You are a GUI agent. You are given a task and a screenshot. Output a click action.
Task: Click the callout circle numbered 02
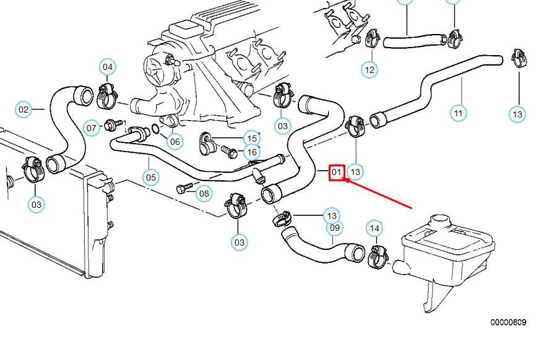[x=24, y=110]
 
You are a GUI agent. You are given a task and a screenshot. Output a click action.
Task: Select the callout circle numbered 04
[x=108, y=67]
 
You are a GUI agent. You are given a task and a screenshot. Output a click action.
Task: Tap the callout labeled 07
[x=92, y=128]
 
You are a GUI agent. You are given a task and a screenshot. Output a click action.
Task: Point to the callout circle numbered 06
[x=175, y=142]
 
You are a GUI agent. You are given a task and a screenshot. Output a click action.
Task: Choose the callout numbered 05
[x=152, y=178]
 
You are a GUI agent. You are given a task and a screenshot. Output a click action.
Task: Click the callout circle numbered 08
[x=204, y=194]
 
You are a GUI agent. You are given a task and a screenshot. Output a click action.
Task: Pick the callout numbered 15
[x=251, y=138]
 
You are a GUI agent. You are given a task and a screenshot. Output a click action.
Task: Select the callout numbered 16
[x=251, y=152]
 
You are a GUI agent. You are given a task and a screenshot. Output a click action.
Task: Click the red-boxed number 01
[x=336, y=172]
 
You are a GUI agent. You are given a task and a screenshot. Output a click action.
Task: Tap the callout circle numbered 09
[x=334, y=228]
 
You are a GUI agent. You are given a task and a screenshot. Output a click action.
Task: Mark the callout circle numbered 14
[x=374, y=229]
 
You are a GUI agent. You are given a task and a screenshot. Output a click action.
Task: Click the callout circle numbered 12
[x=370, y=69]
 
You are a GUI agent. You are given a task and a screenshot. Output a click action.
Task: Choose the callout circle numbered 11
[x=458, y=113]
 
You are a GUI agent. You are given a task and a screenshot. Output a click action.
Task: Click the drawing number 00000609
[x=508, y=322]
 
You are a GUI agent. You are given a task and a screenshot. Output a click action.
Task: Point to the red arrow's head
[x=345, y=180]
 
